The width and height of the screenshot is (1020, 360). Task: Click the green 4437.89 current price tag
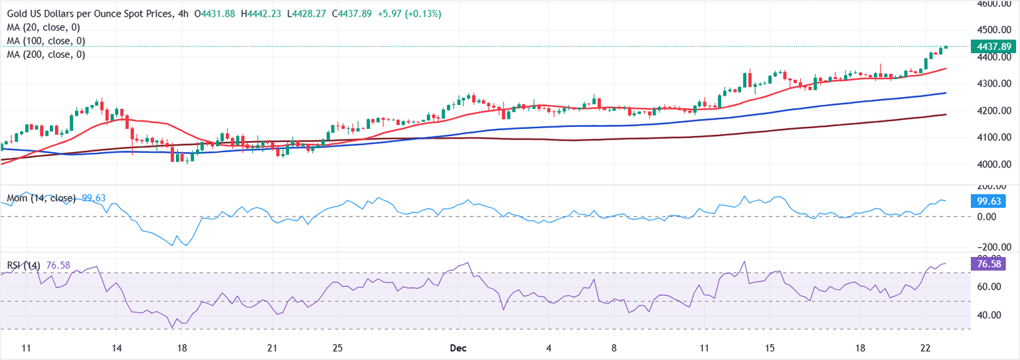[x=994, y=46]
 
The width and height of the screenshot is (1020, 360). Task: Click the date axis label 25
[x=337, y=348]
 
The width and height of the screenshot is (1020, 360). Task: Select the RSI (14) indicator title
[x=23, y=266]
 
